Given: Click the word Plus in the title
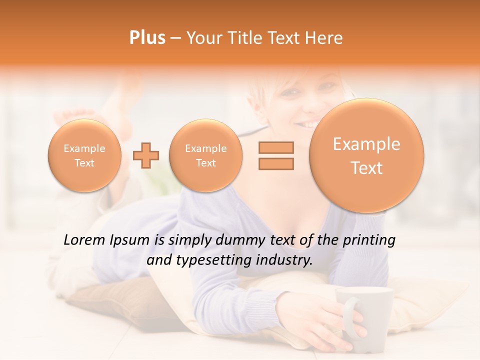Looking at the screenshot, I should pyautogui.click(x=147, y=38).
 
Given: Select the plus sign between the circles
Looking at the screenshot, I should pyautogui.click(x=146, y=155).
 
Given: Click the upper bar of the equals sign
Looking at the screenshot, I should pyautogui.click(x=276, y=147).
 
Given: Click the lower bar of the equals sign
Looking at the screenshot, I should pyautogui.click(x=276, y=163).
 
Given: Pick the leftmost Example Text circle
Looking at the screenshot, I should pyautogui.click(x=84, y=155).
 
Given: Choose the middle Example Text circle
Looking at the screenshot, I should pyautogui.click(x=206, y=155).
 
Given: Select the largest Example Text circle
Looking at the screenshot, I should pyautogui.click(x=366, y=155).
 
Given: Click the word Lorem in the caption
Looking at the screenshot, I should pyautogui.click(x=84, y=240).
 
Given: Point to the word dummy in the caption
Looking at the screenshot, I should pyautogui.click(x=239, y=240).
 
